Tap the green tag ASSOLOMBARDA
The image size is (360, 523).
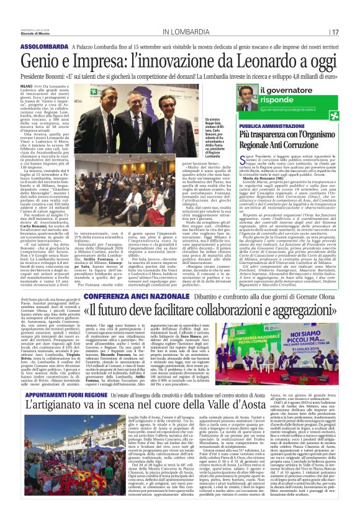(x=61, y=47)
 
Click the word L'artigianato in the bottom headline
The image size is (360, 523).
(x=58, y=407)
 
